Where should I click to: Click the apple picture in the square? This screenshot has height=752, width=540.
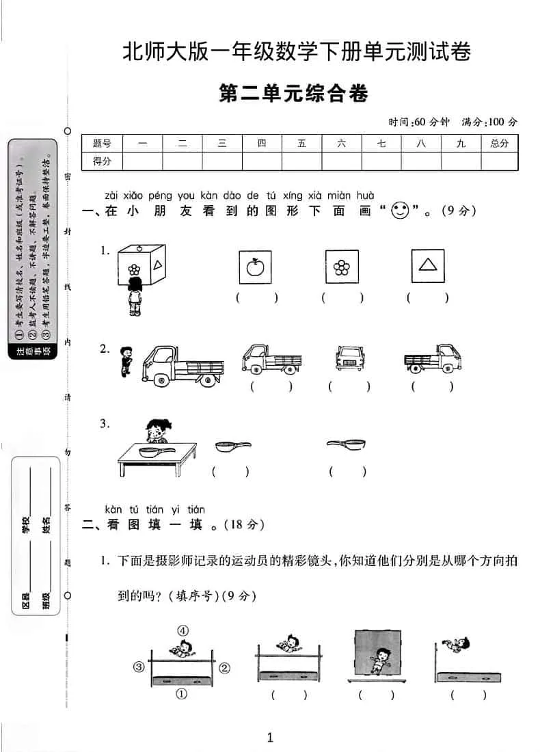[255, 267]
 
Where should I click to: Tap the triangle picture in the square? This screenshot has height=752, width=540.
[428, 266]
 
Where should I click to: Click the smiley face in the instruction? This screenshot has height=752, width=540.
[399, 211]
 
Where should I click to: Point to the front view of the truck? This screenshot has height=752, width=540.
[349, 358]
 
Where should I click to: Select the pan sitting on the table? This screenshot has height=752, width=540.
[154, 451]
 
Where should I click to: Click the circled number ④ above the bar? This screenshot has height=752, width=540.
[183, 631]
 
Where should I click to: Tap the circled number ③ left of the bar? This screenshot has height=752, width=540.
[139, 667]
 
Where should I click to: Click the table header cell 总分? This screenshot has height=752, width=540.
[499, 144]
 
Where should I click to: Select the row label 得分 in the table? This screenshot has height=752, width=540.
[102, 161]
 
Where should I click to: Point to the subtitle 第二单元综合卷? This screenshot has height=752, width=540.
[293, 94]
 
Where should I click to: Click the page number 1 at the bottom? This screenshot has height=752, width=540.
[270, 737]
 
